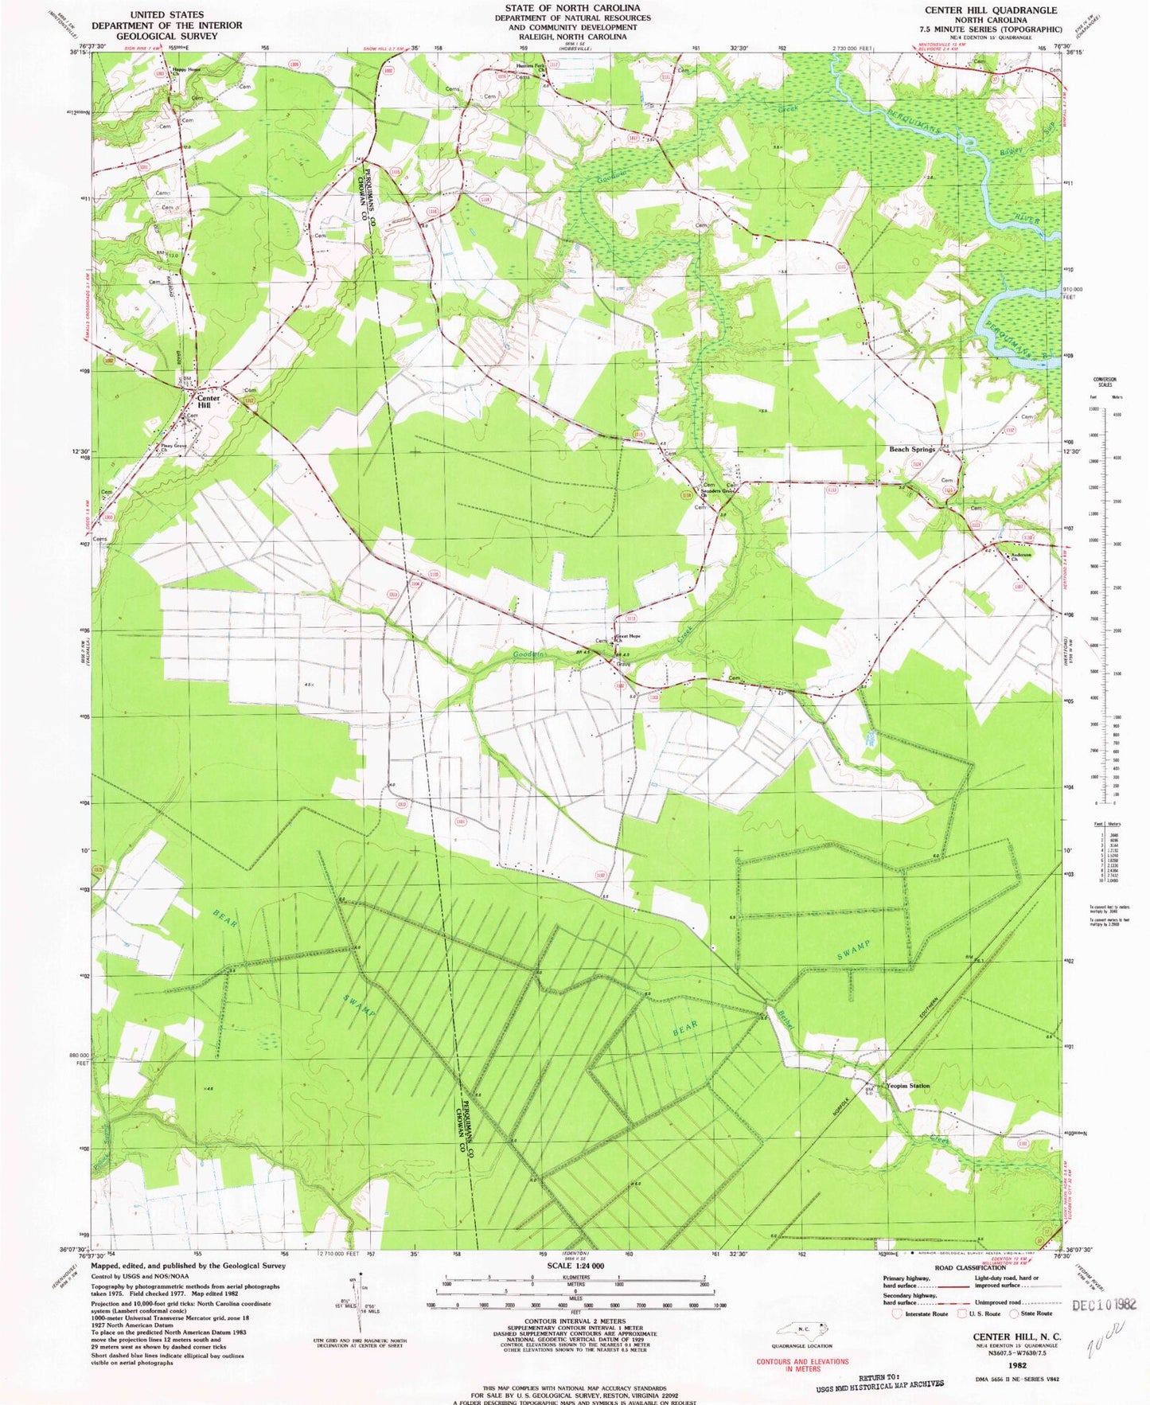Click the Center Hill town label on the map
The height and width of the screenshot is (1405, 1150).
[208, 401]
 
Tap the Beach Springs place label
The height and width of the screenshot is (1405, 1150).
[911, 450]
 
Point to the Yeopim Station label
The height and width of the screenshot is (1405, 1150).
[908, 1086]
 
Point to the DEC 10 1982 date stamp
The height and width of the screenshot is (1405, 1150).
[1104, 1305]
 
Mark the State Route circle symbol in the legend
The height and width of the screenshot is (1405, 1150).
[1014, 1314]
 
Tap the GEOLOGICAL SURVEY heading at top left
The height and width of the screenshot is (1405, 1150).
[166, 36]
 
